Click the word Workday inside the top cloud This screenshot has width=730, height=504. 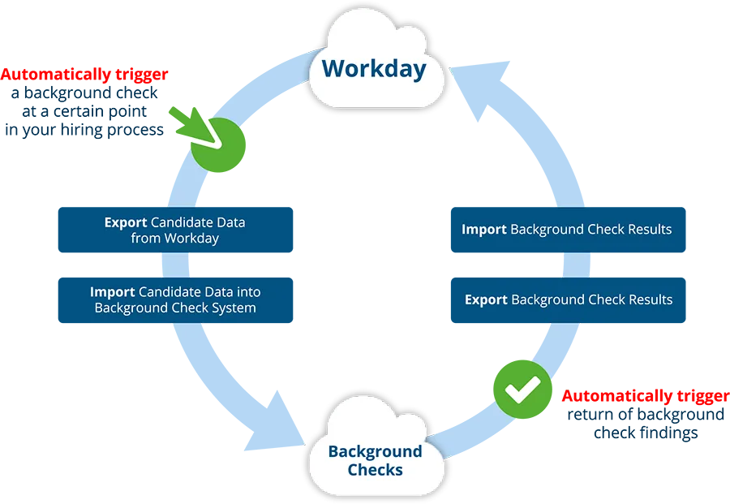click(x=374, y=68)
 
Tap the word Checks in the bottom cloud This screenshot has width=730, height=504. click(x=375, y=470)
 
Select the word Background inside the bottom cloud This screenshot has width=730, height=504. click(x=375, y=451)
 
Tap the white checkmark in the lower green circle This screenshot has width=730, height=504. click(x=522, y=390)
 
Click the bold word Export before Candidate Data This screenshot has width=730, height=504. click(x=126, y=222)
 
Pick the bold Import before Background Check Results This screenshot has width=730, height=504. click(x=484, y=230)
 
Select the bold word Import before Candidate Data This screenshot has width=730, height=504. click(x=113, y=292)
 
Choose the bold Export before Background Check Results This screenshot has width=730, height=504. click(x=486, y=299)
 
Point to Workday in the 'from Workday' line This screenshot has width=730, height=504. click(x=191, y=239)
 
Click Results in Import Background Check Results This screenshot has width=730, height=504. click(x=646, y=230)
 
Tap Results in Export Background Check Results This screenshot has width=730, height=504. click(x=646, y=299)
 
